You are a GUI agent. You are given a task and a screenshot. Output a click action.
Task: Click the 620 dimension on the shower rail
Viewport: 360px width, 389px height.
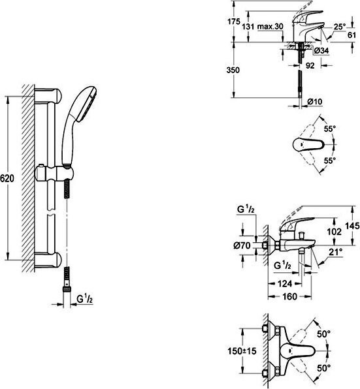coord(7,178)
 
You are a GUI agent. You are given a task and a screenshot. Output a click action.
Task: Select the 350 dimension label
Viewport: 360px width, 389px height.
coord(233,70)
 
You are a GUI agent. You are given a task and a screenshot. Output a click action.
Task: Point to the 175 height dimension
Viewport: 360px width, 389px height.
coord(234,22)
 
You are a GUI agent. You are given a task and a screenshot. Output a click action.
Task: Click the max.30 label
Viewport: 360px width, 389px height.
coord(270,26)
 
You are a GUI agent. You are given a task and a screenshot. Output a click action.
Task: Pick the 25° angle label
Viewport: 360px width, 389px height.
coord(339,27)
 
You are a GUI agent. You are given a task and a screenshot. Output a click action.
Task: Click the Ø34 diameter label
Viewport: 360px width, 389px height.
coord(321,51)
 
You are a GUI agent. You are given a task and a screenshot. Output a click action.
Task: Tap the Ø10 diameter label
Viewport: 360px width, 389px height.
coord(314,101)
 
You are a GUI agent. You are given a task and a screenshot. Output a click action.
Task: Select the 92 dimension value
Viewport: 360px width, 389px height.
coord(310,65)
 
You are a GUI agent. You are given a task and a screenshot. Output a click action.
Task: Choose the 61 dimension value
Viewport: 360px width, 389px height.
coord(352,35)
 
